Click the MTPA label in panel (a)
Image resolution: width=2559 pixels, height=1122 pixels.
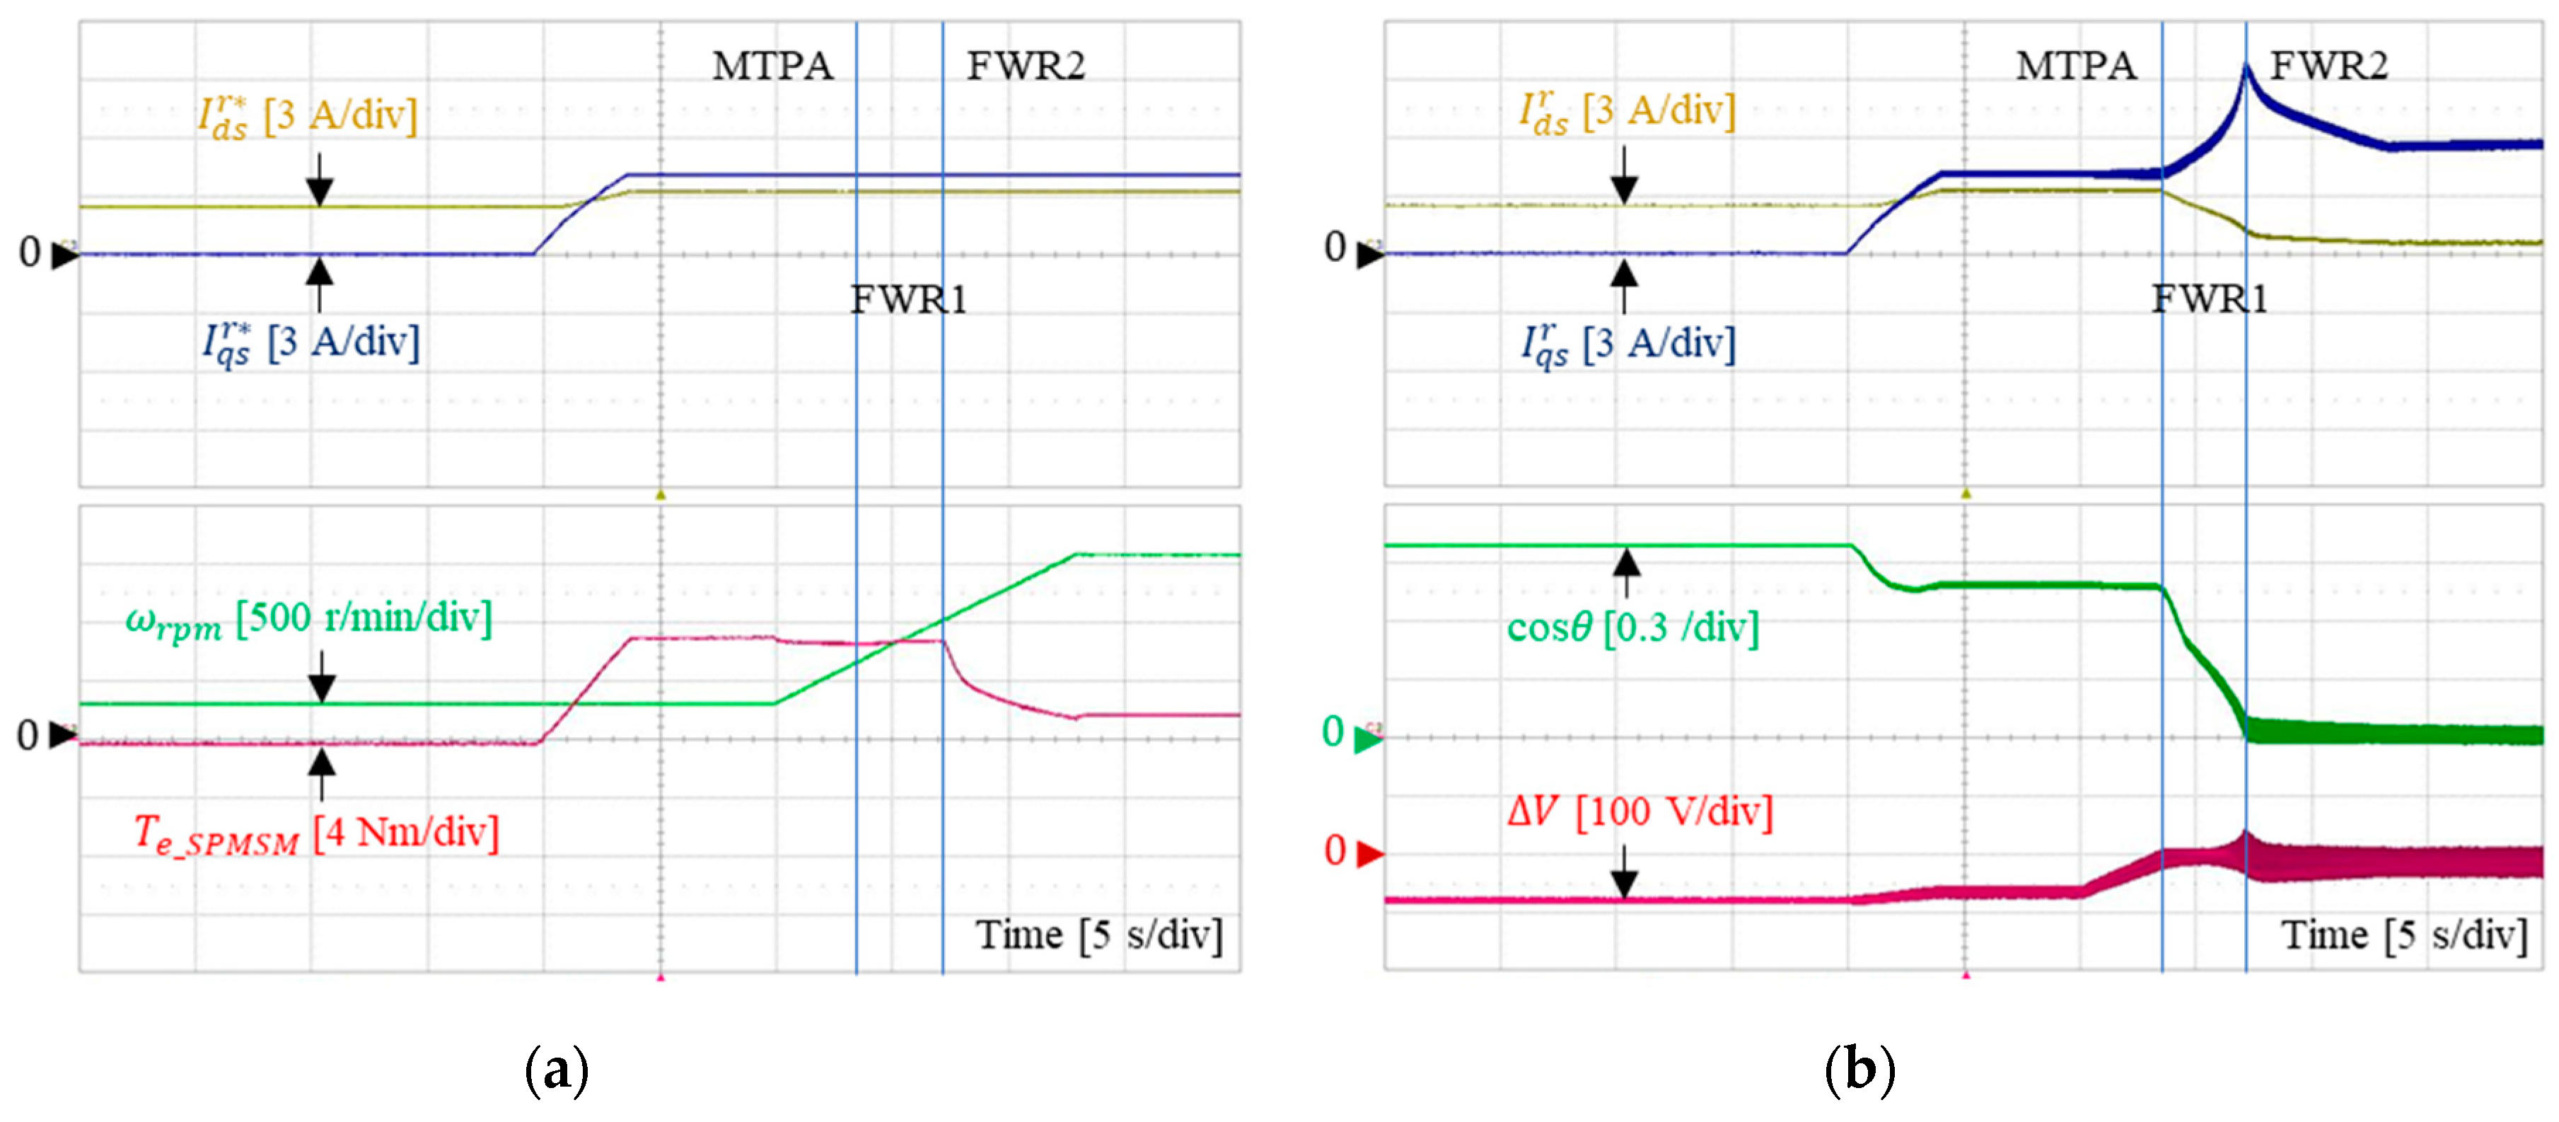point(772,66)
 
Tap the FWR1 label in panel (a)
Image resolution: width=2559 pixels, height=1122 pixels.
point(908,299)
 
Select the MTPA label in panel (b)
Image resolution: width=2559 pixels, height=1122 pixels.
point(2075,66)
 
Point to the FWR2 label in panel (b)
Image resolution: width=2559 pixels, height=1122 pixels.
point(2328,66)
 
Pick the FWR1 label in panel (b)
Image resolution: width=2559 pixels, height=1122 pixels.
point(2210,299)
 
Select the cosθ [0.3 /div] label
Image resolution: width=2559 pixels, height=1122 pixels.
point(1632,627)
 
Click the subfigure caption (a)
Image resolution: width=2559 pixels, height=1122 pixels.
point(557,1070)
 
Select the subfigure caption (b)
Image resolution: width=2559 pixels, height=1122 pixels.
point(1859,1070)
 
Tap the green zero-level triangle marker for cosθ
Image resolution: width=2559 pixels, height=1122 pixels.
point(1368,739)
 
